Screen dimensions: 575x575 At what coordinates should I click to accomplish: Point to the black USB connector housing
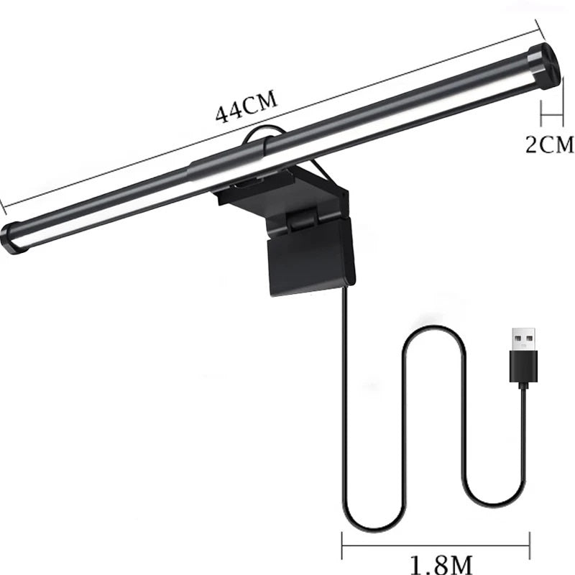point(521,370)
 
